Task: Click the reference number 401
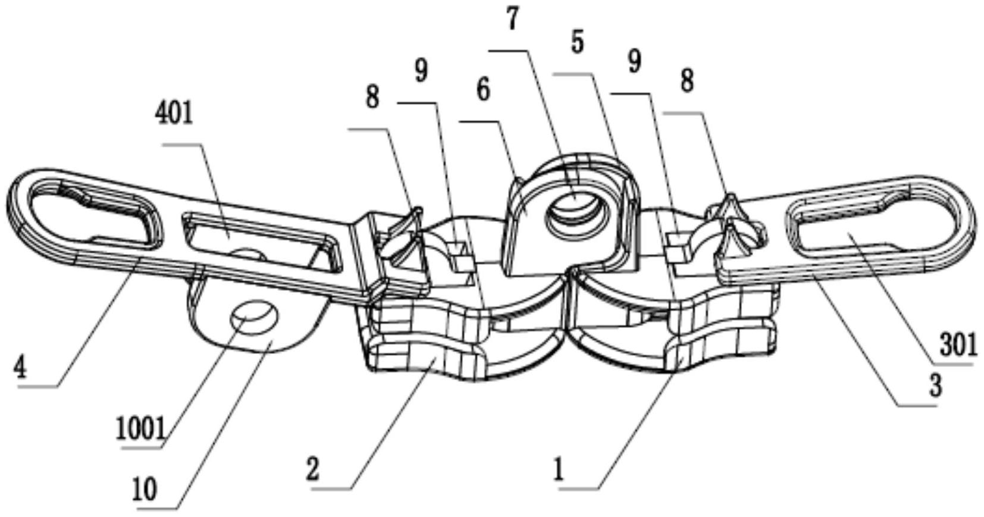(174, 114)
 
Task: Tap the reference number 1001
(142, 429)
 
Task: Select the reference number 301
(958, 345)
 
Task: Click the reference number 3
(935, 386)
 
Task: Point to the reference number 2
(313, 469)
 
